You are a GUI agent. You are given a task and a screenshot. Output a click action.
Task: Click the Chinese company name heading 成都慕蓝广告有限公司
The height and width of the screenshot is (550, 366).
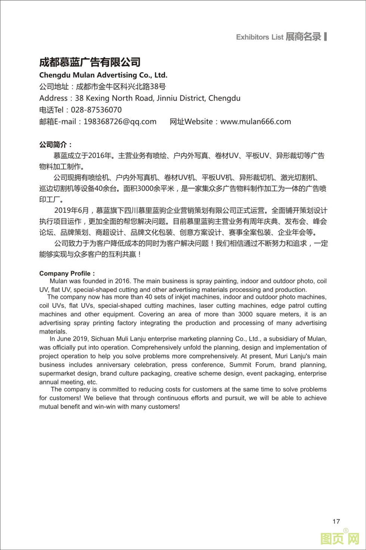coord(90,62)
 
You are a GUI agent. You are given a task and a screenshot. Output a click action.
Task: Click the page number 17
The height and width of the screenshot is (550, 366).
coord(336,521)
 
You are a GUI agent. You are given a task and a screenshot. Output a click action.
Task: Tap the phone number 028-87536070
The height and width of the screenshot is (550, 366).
coord(96,110)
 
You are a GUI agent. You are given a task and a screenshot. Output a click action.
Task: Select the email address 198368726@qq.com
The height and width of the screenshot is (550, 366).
coord(120,122)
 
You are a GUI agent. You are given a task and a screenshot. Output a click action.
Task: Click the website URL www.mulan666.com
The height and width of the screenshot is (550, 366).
coord(255,122)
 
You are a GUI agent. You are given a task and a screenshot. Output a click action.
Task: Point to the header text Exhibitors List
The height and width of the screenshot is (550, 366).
coord(260,37)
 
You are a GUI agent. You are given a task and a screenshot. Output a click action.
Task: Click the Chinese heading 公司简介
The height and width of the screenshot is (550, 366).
coord(55,145)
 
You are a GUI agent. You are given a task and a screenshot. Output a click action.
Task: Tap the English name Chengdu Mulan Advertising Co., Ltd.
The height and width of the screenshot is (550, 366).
coord(103,75)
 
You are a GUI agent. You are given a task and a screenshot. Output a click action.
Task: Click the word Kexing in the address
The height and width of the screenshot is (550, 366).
coord(97,98)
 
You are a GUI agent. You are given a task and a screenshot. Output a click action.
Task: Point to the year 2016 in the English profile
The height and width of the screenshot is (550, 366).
coord(122,281)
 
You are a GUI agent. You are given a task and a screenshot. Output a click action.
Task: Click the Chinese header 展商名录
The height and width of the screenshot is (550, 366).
coord(303,37)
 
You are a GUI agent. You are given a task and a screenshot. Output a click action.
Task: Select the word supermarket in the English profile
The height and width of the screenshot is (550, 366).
coord(57,374)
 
